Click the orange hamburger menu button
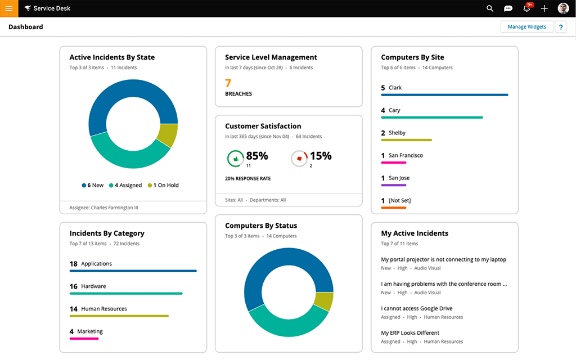pos(9,8)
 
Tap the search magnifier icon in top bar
pos(490,8)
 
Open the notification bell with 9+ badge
pos(527,8)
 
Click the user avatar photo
pos(563,8)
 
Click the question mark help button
pos(561,27)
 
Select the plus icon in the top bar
pos(544,8)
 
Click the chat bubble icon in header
pos(508,8)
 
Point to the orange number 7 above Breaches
pos(228,83)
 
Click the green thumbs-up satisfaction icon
pos(235,159)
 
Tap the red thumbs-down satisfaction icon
pos(299,159)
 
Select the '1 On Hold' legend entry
pos(163,185)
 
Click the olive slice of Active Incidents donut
pos(167,136)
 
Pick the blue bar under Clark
pos(444,95)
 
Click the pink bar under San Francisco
pos(393,163)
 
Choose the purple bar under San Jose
pos(393,185)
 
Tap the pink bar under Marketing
pos(84,339)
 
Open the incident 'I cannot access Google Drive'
pos(417,308)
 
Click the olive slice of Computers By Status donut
pos(323,301)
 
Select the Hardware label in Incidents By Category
pos(93,286)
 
